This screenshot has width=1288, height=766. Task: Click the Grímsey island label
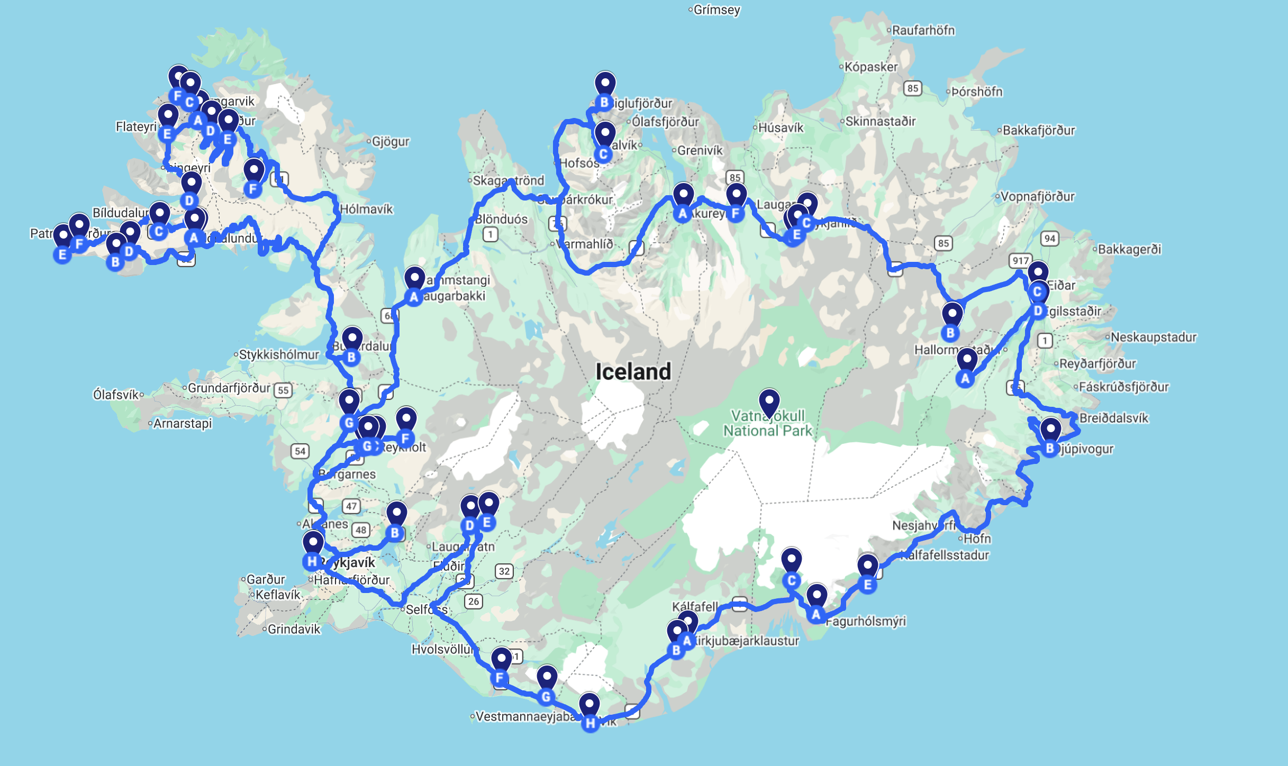(x=716, y=10)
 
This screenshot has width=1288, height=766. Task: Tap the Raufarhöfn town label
(x=923, y=30)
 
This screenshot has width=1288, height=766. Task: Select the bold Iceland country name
(x=633, y=371)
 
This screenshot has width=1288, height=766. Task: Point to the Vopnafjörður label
(x=1037, y=196)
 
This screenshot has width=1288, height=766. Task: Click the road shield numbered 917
(x=1020, y=260)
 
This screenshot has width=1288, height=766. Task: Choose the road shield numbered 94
(x=1050, y=239)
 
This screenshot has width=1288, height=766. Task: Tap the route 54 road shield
(x=300, y=451)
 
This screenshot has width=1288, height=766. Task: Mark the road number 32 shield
(x=504, y=571)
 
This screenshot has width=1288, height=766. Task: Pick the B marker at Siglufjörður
(x=604, y=102)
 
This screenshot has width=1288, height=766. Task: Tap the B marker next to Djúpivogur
(x=1050, y=449)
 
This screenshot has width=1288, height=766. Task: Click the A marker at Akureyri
(x=683, y=213)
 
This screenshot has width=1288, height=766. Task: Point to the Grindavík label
(x=294, y=629)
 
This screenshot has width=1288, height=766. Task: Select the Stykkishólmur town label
(x=279, y=354)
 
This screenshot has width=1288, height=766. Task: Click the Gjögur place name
(x=391, y=141)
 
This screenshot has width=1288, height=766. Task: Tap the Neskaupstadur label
(x=1153, y=337)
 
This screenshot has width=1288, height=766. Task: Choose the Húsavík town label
(x=781, y=127)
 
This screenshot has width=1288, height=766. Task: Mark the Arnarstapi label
(x=183, y=423)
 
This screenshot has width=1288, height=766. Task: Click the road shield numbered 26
(x=474, y=601)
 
